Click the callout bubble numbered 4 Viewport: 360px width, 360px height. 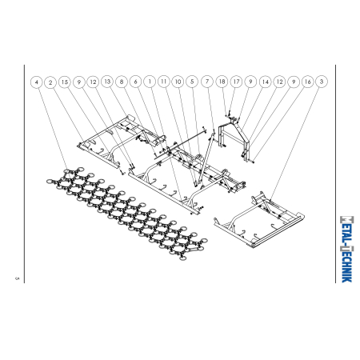point(37,82)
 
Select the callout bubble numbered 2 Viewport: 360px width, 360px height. point(50,82)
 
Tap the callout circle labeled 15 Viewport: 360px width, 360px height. point(65,82)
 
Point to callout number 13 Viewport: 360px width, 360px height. point(107,82)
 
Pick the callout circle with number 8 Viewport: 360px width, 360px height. point(122,82)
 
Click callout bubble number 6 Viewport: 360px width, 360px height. point(136,82)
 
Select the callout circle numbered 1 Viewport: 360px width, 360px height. point(150,82)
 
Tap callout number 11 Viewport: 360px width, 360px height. point(164,82)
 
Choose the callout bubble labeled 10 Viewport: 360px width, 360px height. point(178,82)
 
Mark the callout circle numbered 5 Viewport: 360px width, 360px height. point(192,82)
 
